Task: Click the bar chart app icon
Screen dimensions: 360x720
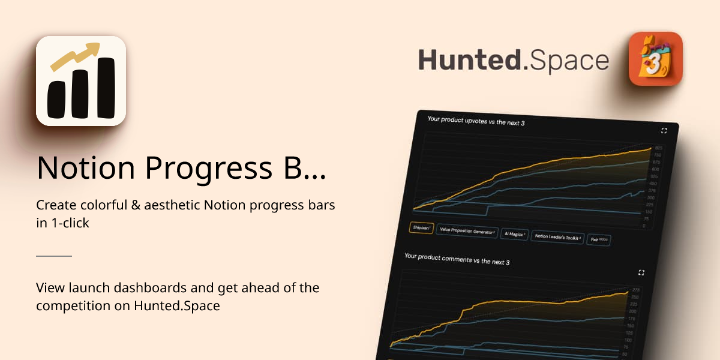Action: coord(81,81)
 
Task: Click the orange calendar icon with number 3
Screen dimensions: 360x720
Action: coord(655,59)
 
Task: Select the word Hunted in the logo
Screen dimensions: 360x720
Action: coord(469,61)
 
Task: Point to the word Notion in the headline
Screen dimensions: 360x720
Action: coord(85,167)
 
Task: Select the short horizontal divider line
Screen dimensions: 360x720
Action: coord(54,256)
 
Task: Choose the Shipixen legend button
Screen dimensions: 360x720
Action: coord(421,228)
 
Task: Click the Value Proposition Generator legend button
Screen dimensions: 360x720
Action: coord(466,231)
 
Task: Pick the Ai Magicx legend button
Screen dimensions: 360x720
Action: coord(514,235)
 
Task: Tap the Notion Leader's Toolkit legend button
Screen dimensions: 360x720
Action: coord(557,238)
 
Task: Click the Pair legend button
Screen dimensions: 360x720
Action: coord(598,240)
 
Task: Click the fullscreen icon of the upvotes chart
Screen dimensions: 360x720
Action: coord(664,131)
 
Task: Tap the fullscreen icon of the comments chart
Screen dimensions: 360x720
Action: coord(641,272)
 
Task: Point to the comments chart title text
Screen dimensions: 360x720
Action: coord(448,259)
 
